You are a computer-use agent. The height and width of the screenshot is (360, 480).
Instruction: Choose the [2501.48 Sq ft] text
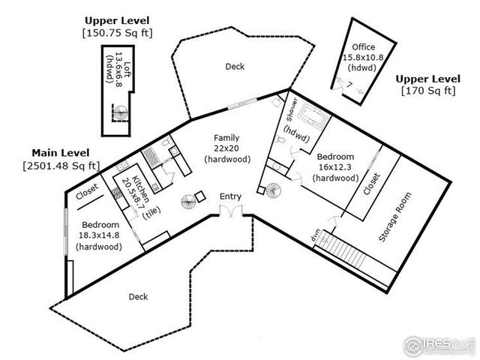(x=61, y=165)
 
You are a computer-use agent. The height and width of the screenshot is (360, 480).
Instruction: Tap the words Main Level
(x=61, y=151)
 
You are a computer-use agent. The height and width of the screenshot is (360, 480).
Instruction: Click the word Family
(x=226, y=138)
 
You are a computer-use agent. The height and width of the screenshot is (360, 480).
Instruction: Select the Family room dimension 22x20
(x=226, y=148)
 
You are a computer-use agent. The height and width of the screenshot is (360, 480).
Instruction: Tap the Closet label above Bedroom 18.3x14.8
(x=87, y=189)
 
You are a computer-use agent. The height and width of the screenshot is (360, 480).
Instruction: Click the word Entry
(x=230, y=196)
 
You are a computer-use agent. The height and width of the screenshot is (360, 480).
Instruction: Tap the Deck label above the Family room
(x=235, y=67)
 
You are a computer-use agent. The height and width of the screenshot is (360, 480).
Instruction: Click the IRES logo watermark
(x=439, y=345)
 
